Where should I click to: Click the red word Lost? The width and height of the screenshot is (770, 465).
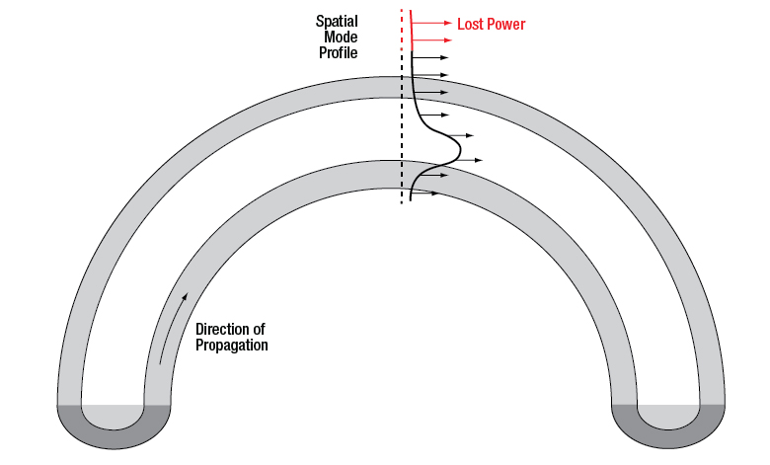(x=470, y=24)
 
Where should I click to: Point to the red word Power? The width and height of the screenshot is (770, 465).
(x=506, y=24)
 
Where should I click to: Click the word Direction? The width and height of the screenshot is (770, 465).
(x=230, y=330)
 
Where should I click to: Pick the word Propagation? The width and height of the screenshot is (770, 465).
(x=232, y=346)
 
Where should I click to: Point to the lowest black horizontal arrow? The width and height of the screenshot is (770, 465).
(x=424, y=194)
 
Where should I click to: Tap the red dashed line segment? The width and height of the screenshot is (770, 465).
(x=401, y=30)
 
